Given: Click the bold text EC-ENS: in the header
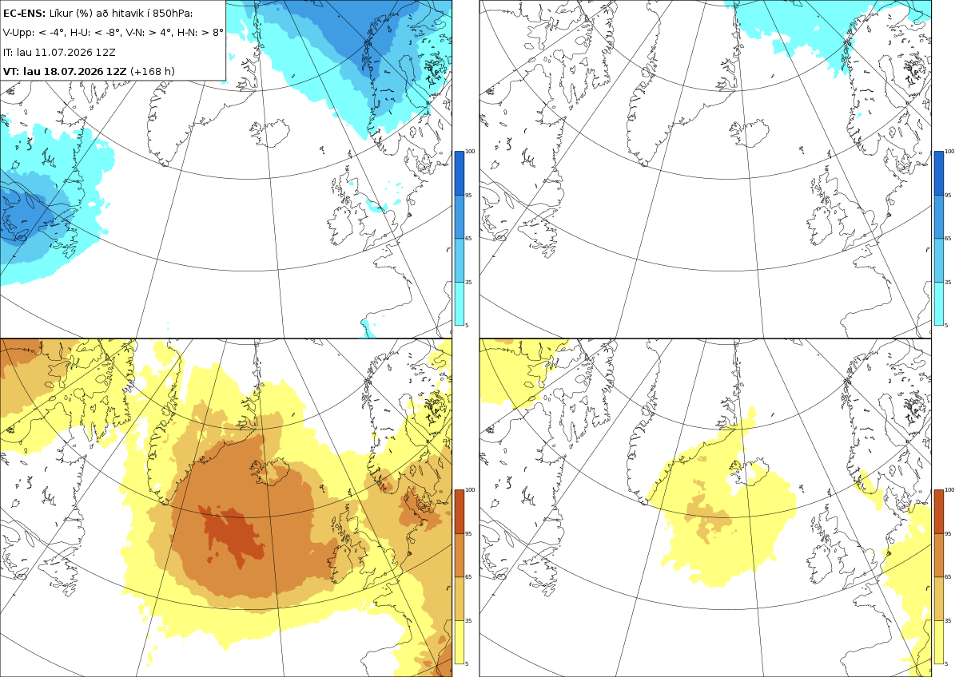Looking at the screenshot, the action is pos(24,14).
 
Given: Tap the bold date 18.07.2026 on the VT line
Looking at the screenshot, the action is pos(74,71).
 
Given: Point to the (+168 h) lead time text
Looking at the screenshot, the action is pos(153,71).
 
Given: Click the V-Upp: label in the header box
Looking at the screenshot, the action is pos(18,33).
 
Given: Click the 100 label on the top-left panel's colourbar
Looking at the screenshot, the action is pos(470,152).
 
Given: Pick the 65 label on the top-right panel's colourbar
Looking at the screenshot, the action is pos(948,238).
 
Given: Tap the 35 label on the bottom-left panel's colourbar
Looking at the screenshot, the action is pos(468,620).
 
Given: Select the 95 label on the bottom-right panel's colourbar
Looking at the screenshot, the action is pos(948,534).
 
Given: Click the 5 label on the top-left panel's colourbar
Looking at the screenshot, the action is pos(467,325).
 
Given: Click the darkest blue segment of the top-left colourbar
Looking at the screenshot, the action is pos(459,173).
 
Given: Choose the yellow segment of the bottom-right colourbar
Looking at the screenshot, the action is pos(938,642).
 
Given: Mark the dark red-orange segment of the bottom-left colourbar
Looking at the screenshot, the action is pos(459,512).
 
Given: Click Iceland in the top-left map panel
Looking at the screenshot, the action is pos(270,133).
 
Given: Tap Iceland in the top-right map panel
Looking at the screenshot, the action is pos(750,133).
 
